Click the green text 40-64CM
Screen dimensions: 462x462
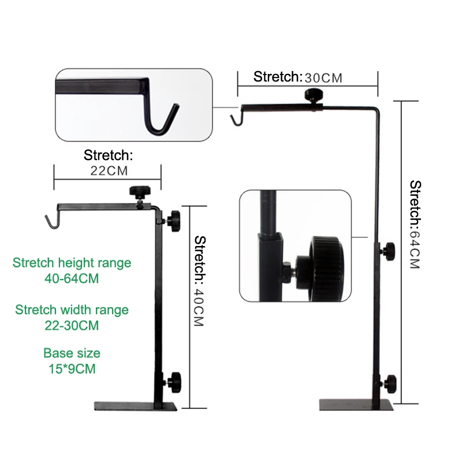(x=72, y=278)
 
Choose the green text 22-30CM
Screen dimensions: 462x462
(x=72, y=326)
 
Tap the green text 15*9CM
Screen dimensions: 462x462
(x=72, y=367)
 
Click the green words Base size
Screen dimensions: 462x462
(x=72, y=353)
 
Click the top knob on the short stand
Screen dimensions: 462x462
(x=139, y=192)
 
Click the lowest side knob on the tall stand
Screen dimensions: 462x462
(x=392, y=382)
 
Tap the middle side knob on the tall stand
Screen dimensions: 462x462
(x=388, y=249)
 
